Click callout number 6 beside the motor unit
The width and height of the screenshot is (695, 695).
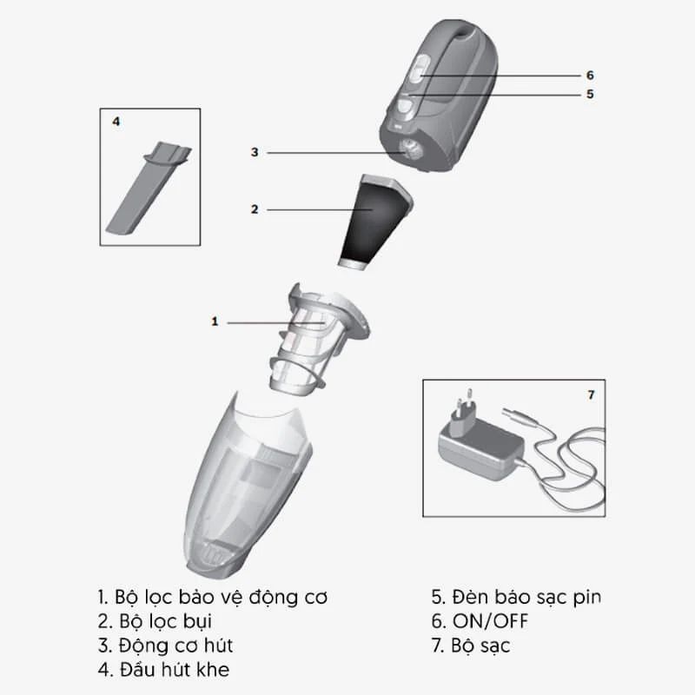(589, 76)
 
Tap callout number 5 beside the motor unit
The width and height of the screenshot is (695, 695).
(589, 95)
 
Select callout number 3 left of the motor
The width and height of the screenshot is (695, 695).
(255, 152)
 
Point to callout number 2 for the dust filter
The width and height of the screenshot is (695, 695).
(255, 209)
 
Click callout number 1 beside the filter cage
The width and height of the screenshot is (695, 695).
(215, 321)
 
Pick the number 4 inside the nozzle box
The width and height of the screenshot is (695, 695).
(116, 122)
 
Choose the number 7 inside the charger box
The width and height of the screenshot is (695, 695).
(591, 394)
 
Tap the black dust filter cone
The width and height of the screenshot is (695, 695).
(372, 222)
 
